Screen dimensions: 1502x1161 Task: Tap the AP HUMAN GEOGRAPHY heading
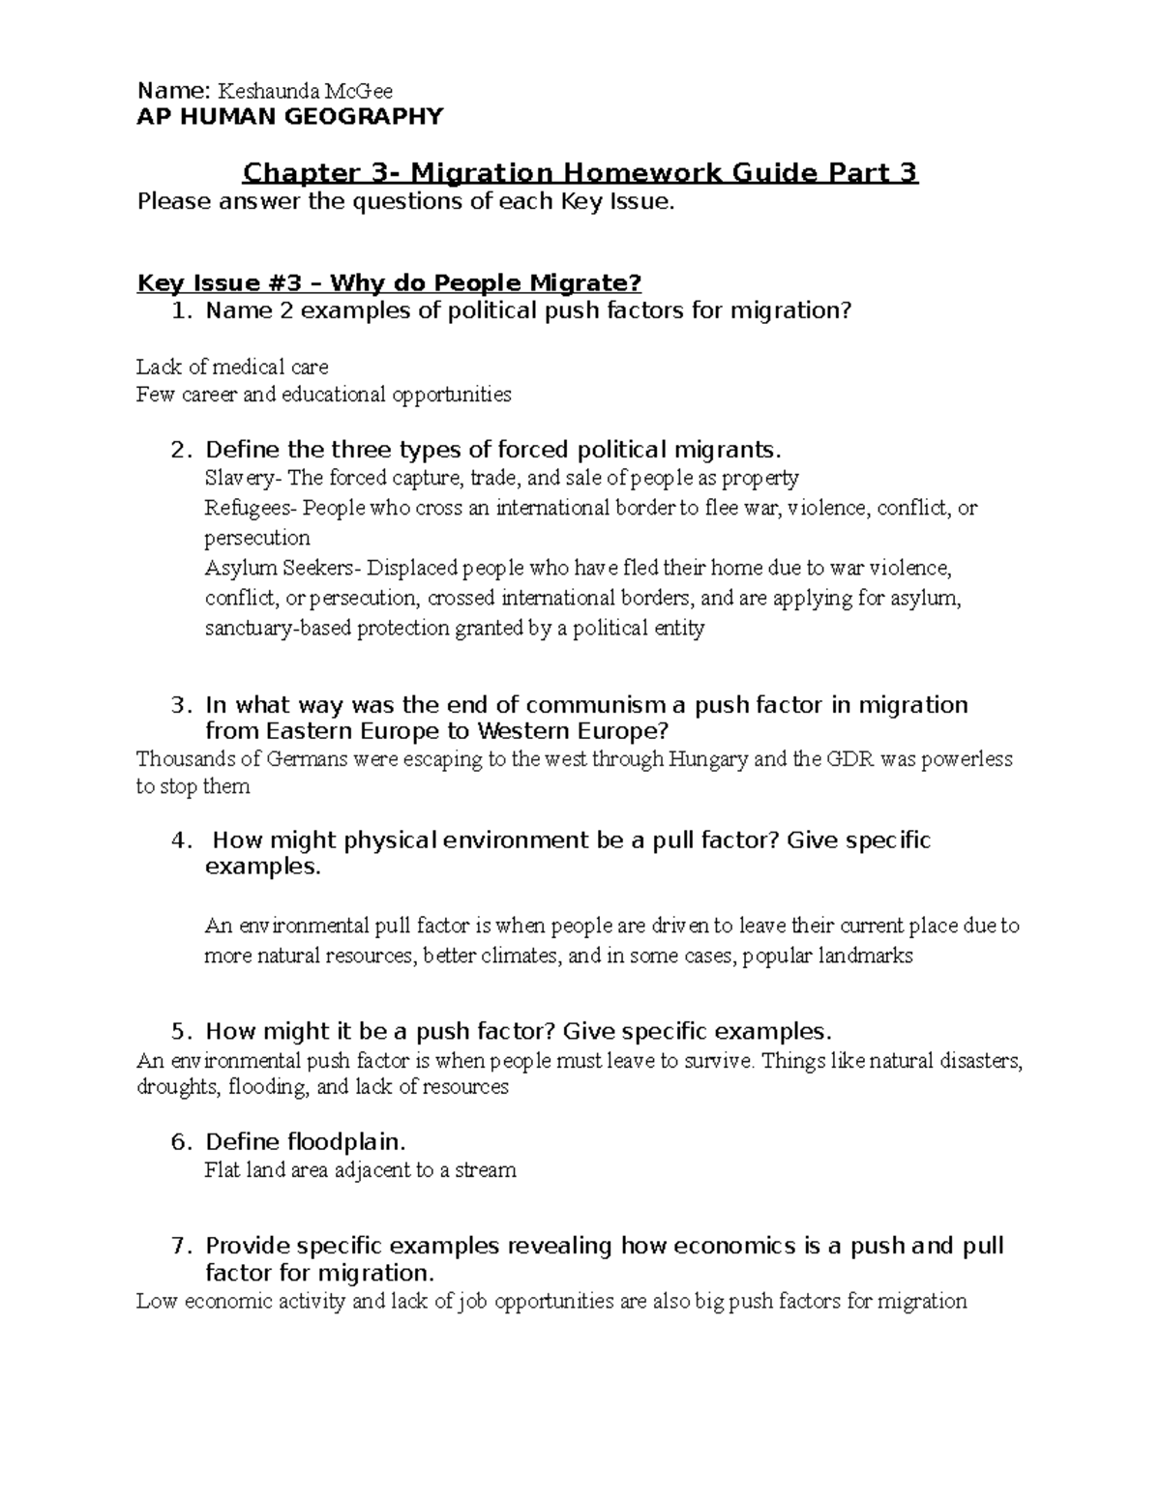[x=290, y=117]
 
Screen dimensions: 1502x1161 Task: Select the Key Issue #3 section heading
[x=389, y=283]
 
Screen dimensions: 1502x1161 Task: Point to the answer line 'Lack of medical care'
[x=232, y=368]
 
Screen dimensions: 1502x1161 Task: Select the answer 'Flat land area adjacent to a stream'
[x=360, y=1170]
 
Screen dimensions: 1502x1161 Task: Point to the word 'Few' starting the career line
[x=153, y=395]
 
